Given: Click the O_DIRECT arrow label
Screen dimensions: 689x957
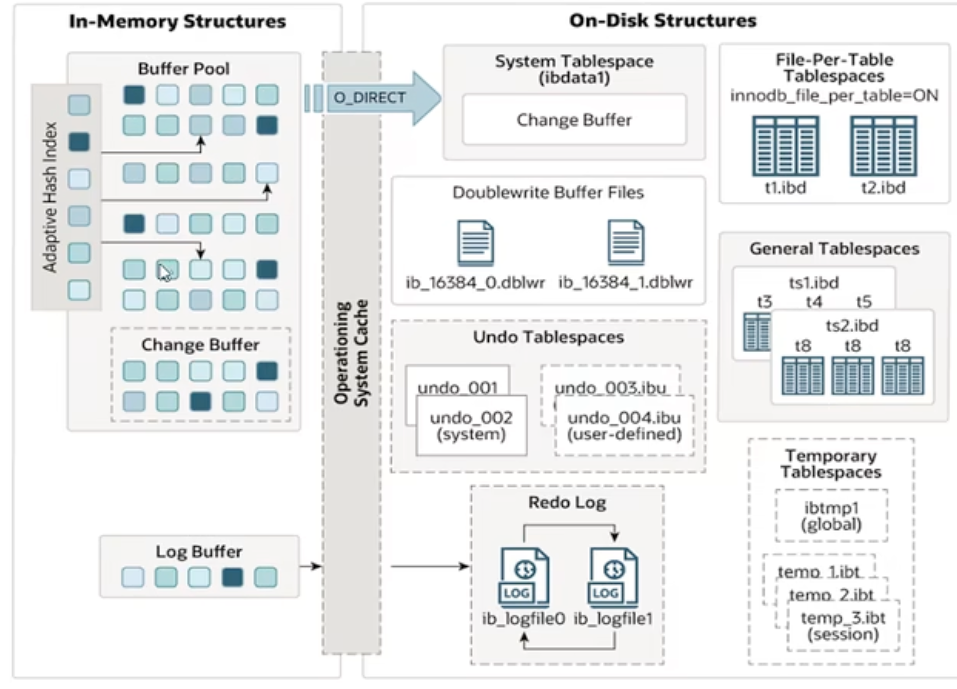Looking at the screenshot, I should pyautogui.click(x=370, y=98).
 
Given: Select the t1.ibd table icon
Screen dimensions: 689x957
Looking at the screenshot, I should pyautogui.click(x=786, y=146).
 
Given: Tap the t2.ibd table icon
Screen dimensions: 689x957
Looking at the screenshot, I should pyautogui.click(x=883, y=146).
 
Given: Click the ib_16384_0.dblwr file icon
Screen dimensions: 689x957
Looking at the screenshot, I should pyautogui.click(x=475, y=243).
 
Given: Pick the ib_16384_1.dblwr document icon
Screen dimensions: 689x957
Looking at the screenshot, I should pyautogui.click(x=625, y=242).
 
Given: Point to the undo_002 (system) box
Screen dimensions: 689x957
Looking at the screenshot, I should pyautogui.click(x=471, y=426).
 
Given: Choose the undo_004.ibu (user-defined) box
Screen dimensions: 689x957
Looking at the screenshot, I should pyautogui.click(x=624, y=426).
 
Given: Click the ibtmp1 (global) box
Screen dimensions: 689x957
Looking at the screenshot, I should pyautogui.click(x=831, y=515).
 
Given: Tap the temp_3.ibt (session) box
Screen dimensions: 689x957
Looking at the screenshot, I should pyautogui.click(x=843, y=626).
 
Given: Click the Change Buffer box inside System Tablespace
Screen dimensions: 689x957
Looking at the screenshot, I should pyautogui.click(x=574, y=120).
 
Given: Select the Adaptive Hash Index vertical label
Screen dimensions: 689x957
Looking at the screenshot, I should pyautogui.click(x=50, y=197).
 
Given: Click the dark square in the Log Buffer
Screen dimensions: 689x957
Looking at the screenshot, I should pyautogui.click(x=232, y=577).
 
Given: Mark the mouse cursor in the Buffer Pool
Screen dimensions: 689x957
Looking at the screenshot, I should pyautogui.click(x=164, y=273).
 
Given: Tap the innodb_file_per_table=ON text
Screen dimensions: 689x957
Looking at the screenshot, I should pyautogui.click(x=834, y=95).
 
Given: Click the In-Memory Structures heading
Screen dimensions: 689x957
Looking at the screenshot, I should pyautogui.click(x=177, y=22).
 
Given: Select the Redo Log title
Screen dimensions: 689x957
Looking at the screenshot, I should pyautogui.click(x=567, y=502).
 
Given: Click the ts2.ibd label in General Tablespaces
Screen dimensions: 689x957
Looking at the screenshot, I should pyautogui.click(x=852, y=326).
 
